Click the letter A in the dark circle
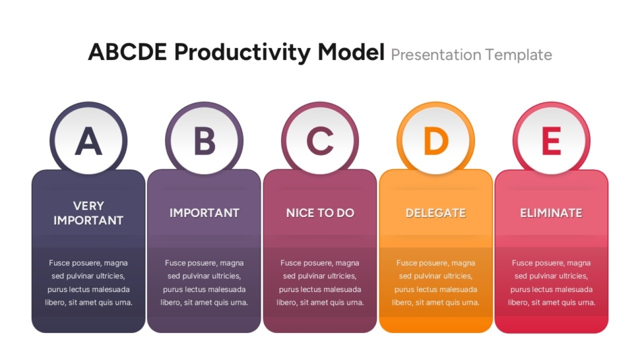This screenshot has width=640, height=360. (x=88, y=141)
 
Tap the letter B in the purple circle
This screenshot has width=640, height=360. (x=205, y=141)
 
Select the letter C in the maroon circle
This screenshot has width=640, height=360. (x=320, y=141)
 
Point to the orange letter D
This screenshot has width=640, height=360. (x=436, y=141)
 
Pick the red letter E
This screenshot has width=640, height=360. (x=552, y=141)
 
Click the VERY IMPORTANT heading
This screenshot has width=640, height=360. (x=88, y=213)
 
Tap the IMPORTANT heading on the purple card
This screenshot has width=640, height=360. (x=205, y=213)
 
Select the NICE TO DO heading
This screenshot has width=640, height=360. (x=320, y=213)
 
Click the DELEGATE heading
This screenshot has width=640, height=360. (x=436, y=213)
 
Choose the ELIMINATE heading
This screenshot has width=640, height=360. (x=552, y=213)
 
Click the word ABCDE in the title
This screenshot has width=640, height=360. (x=128, y=53)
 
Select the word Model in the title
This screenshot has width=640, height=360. (x=351, y=53)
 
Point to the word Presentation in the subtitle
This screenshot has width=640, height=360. (x=436, y=55)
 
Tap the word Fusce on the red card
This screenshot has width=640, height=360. (x=523, y=263)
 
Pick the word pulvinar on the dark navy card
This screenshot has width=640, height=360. (x=79, y=276)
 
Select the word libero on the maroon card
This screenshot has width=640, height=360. (x=286, y=303)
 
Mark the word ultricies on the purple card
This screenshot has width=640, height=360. (x=226, y=276)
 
